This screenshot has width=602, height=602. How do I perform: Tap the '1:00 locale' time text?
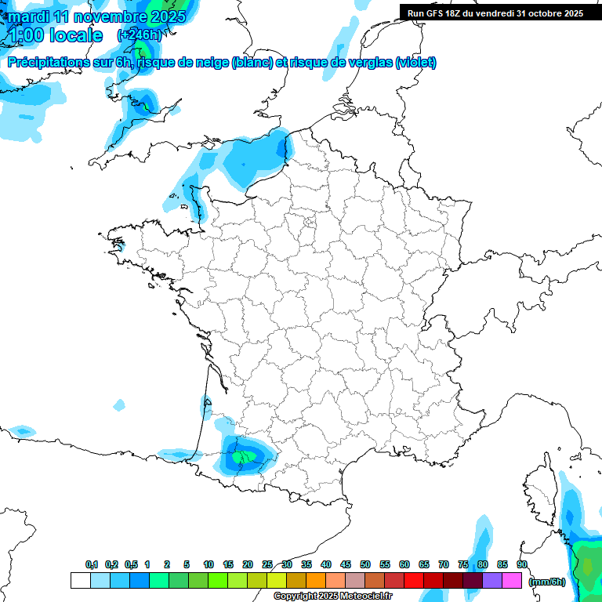pos(56,35)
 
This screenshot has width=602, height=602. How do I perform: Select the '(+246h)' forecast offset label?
pos(139,35)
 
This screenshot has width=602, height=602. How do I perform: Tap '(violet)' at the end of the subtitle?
pos(416,63)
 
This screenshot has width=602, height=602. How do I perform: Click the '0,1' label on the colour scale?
pos(92,565)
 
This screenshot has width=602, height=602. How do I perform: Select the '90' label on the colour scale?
pos(522,565)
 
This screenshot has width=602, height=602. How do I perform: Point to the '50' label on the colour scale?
pos(365,565)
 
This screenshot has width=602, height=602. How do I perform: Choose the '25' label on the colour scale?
pos(267,565)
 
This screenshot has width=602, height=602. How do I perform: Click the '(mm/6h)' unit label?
pos(547,582)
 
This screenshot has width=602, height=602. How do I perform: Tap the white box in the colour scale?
pos(80,581)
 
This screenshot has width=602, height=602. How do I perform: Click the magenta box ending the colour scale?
pos(512,581)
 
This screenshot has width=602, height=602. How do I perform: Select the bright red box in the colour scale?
pos(414,581)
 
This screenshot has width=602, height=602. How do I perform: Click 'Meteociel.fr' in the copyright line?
pos(366,597)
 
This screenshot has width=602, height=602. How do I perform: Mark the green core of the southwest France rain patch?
pos(239,456)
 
